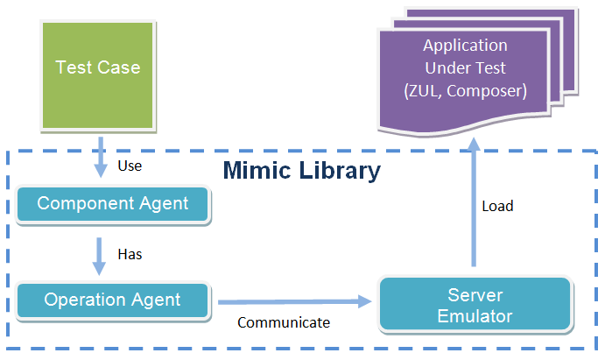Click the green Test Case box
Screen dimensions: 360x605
[98, 74]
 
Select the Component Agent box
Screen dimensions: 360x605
[113, 204]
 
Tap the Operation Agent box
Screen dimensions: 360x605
[113, 300]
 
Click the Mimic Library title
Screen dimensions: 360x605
[301, 170]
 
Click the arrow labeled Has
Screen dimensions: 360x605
[100, 253]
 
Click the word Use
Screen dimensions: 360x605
[130, 165]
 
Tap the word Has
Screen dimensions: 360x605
[130, 255]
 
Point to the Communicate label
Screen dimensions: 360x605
[284, 322]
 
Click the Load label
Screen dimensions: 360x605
[497, 207]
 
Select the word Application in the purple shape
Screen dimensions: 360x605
[465, 46]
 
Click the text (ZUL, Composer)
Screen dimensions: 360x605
[465, 89]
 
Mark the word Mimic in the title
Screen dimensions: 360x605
[257, 170]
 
